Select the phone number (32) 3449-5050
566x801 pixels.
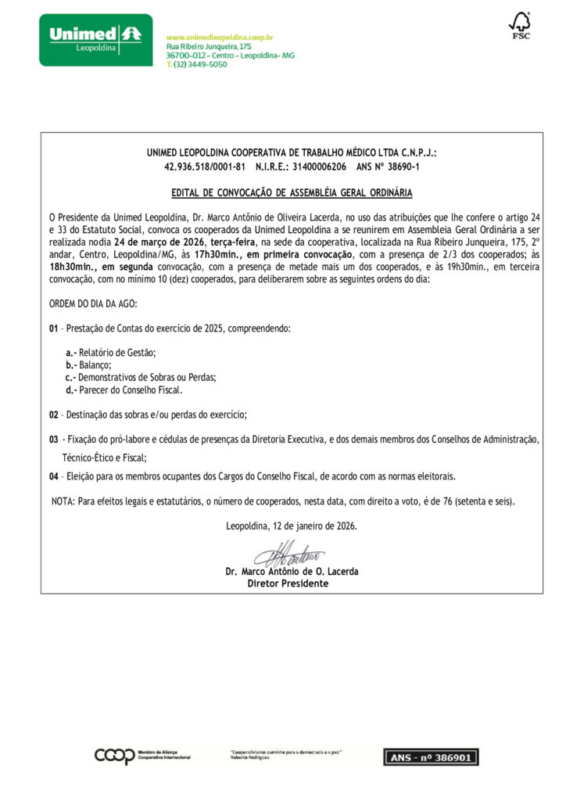tap(199, 65)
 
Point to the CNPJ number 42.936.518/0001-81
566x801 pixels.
tap(205, 167)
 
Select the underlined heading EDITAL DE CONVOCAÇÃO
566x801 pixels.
tap(292, 192)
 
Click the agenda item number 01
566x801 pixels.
tap(53, 329)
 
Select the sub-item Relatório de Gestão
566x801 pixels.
tap(117, 354)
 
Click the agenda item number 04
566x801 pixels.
tap(53, 476)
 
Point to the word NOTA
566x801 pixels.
tap(62, 501)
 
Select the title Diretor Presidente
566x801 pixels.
tap(288, 584)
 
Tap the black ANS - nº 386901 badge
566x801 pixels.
tap(431, 756)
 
